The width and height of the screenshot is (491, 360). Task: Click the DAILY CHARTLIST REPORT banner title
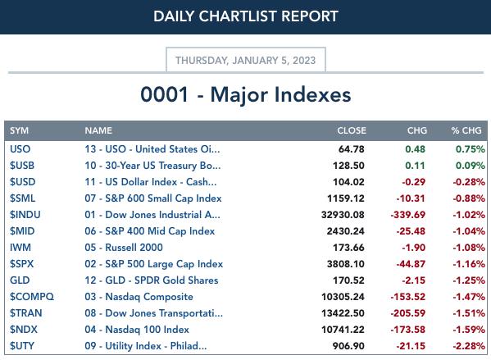(x=246, y=16)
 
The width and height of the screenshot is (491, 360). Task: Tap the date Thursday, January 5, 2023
(x=246, y=60)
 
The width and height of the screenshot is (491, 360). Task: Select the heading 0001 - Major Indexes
(x=246, y=94)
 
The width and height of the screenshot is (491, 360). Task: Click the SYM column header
(x=19, y=130)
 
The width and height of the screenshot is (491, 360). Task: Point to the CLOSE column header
(x=352, y=130)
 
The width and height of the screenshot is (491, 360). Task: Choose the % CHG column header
(x=466, y=130)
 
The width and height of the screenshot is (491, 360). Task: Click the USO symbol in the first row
(x=20, y=148)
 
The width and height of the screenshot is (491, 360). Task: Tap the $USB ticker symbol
(x=22, y=165)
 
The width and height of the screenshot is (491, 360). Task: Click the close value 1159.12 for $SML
(x=346, y=198)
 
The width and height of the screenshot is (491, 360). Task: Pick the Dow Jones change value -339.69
(x=407, y=215)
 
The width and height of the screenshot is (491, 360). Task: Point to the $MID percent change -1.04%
(x=469, y=231)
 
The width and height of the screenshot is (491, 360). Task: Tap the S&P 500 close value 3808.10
(x=346, y=264)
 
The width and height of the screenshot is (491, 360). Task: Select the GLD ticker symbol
(x=20, y=280)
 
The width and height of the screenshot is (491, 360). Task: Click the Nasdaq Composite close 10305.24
(x=343, y=296)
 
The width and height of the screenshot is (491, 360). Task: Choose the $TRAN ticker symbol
(x=25, y=312)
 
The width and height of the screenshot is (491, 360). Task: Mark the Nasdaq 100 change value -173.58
(x=407, y=330)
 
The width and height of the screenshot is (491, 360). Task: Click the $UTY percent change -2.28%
(x=469, y=345)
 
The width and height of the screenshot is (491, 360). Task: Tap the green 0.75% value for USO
(x=471, y=149)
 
